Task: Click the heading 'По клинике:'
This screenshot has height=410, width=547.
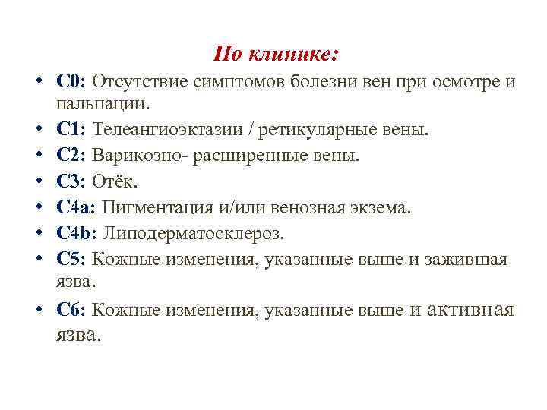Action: [x=277, y=54]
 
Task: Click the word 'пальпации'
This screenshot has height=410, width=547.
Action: [x=102, y=101]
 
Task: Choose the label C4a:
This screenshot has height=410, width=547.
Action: [x=76, y=207]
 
